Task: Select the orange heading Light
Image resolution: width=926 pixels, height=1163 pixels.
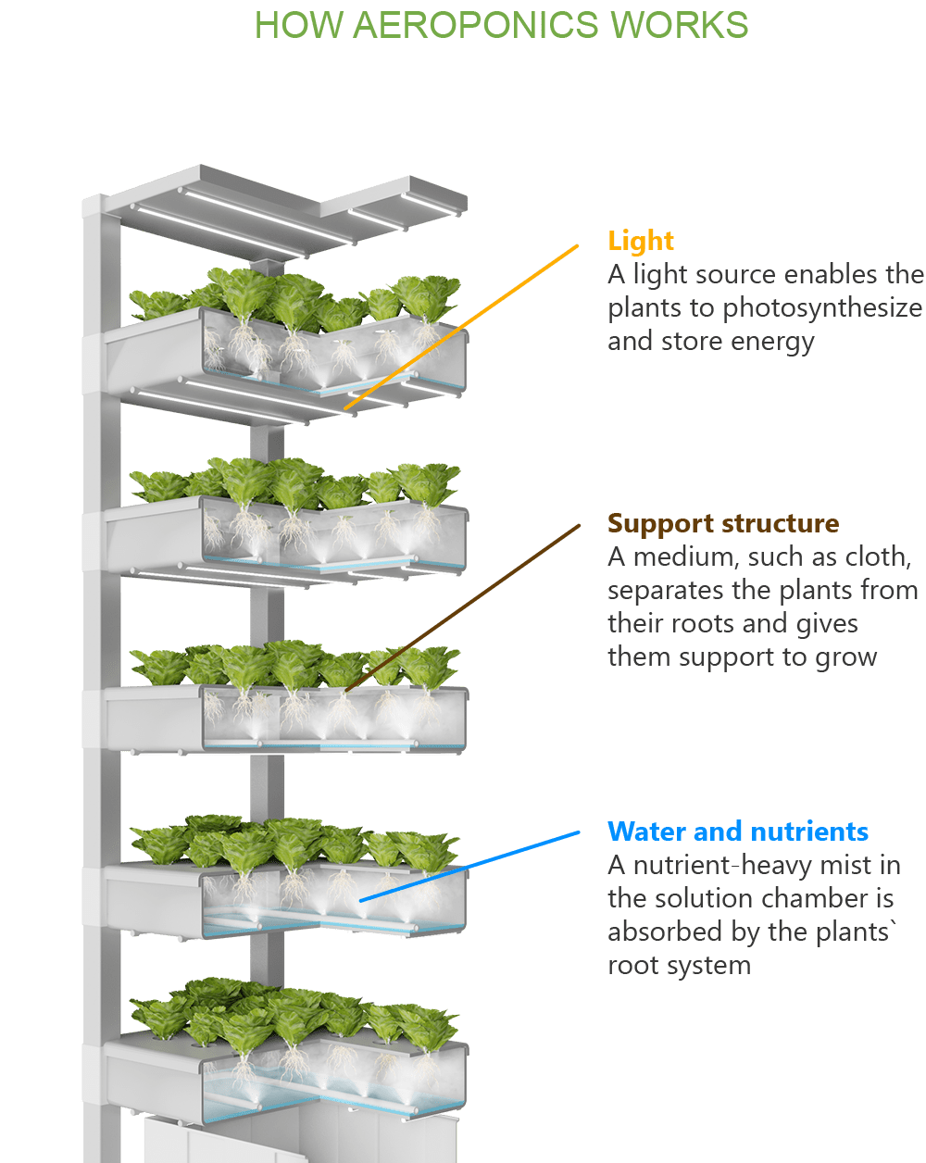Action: click(641, 241)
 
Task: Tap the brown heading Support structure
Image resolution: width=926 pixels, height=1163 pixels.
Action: click(723, 523)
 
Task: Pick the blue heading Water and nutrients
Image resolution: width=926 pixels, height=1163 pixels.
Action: click(738, 831)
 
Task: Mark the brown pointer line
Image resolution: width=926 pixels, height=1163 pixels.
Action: click(463, 607)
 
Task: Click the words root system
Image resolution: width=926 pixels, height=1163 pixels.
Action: click(678, 965)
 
